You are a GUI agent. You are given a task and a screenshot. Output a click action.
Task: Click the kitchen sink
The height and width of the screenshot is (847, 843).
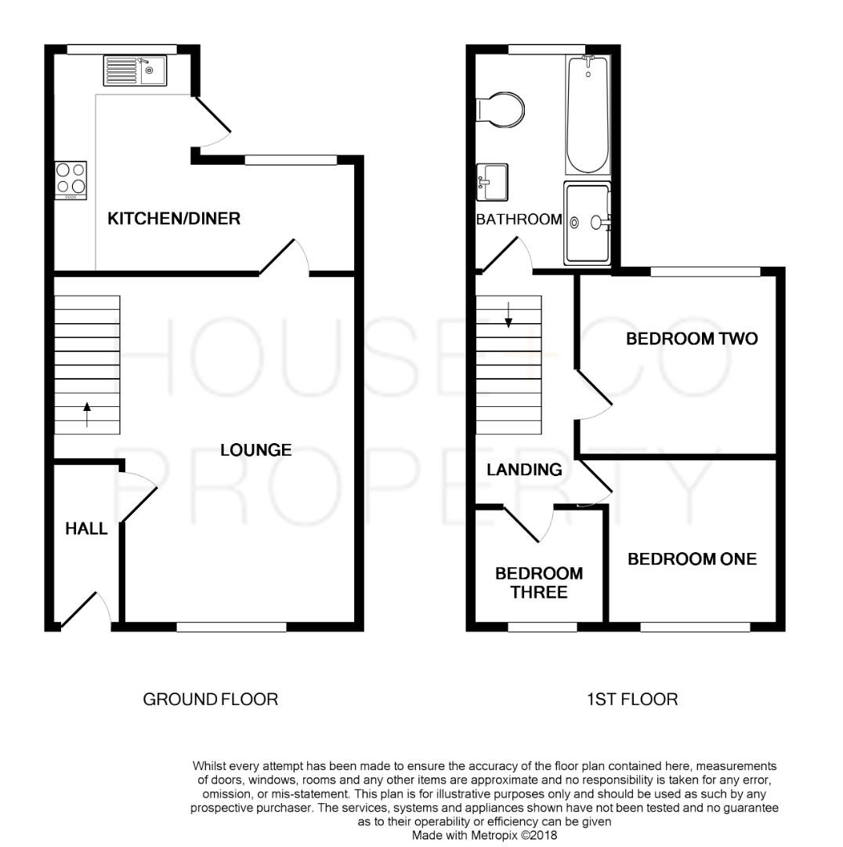pos(134,71)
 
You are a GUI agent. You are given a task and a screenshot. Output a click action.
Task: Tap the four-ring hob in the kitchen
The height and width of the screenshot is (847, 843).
pos(71,179)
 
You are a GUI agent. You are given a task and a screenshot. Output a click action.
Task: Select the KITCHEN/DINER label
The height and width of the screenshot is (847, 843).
pos(173,219)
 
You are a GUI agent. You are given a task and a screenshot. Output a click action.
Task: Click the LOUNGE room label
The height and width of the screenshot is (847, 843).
pos(255,450)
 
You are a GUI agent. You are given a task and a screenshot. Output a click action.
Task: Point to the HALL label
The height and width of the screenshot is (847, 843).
pos(86,529)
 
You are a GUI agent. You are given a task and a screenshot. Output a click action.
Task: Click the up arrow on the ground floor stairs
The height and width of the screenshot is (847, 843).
pos(87,413)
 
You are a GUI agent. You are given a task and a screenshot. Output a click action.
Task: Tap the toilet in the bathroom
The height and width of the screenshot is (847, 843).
pos(501,111)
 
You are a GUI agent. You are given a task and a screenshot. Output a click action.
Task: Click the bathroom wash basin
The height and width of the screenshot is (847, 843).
pos(492,182)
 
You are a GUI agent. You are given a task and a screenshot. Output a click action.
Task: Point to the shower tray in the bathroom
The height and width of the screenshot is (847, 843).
pos(586,224)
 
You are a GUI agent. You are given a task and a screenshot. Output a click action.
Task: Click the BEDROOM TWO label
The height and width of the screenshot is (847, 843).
pos(692,340)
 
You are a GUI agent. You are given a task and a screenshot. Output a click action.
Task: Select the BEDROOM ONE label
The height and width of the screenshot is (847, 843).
pos(692,559)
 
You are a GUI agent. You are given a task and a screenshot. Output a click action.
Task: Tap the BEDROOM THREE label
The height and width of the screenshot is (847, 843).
pos(539,583)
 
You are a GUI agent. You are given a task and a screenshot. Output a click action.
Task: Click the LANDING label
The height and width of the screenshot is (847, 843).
pos(524,470)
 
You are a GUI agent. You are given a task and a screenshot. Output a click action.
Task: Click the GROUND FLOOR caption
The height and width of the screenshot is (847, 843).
pos(210,699)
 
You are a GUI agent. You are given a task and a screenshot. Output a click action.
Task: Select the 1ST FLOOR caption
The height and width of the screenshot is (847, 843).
pos(632,699)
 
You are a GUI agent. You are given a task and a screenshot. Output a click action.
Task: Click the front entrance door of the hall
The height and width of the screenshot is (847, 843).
pos(85,610)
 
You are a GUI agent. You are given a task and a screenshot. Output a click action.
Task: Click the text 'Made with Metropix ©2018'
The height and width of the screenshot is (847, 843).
pos(484,836)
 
